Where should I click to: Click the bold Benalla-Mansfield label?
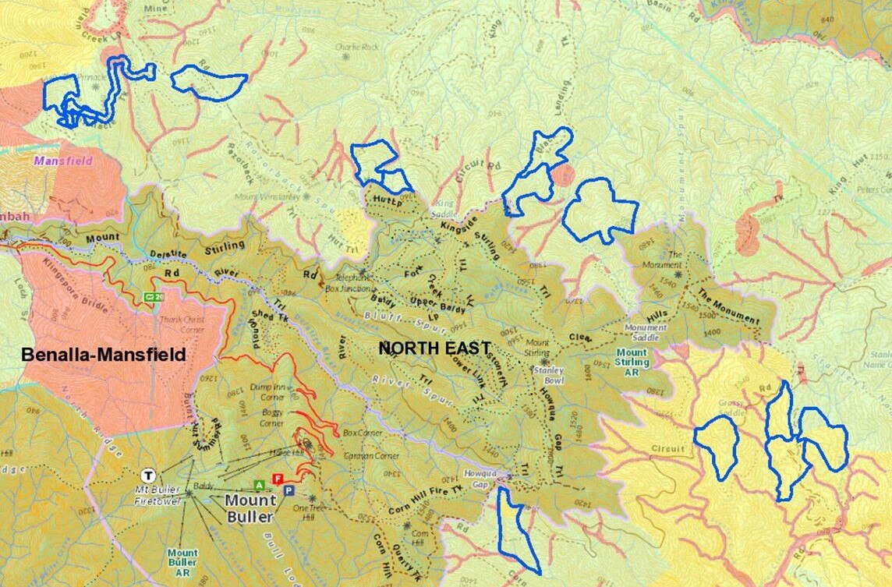104,355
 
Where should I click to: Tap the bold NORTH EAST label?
434,348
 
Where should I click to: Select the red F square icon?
276,478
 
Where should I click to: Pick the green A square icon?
260,485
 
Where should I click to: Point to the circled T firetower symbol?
147,474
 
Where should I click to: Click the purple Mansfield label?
62,161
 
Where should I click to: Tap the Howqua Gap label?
480,477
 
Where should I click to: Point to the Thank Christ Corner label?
182,323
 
